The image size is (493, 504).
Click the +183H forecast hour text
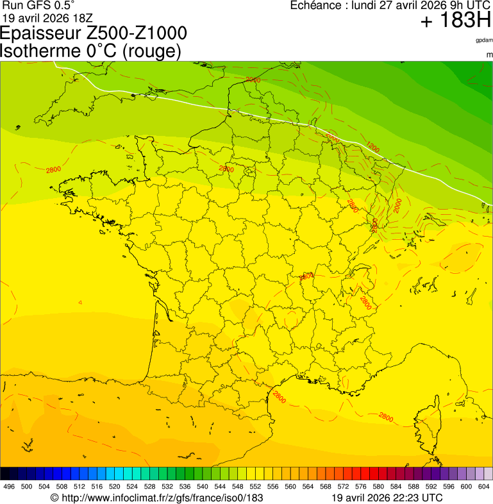[455, 21]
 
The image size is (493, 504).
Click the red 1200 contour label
[372, 148]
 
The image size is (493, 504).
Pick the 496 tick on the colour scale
[9, 487]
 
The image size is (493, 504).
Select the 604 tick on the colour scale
[484, 487]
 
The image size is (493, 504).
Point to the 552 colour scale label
[255, 487]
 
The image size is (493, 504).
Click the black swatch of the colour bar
[5, 474]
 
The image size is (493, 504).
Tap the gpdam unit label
[484, 40]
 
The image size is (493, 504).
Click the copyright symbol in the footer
[55, 498]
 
